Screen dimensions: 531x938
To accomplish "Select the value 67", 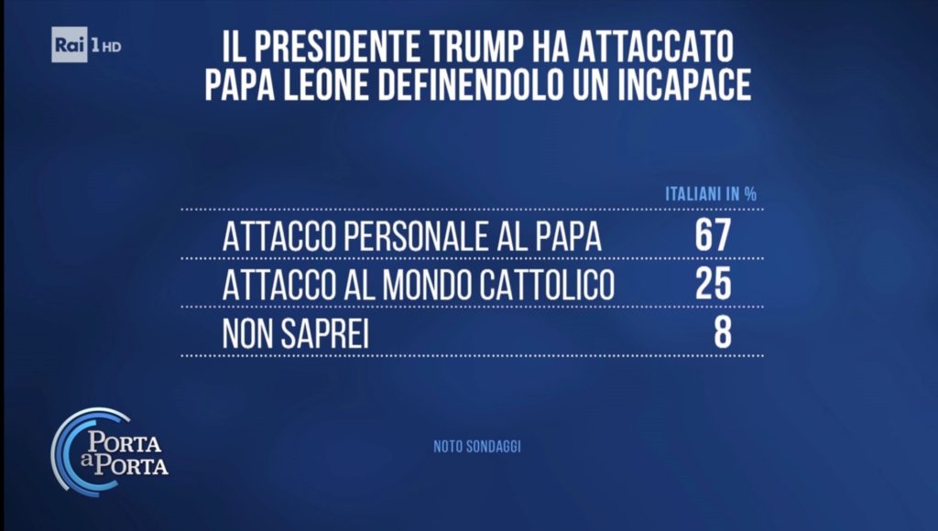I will (713, 236).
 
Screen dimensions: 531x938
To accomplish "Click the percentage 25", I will (713, 285).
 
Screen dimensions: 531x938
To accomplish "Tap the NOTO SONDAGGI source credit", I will (477, 448).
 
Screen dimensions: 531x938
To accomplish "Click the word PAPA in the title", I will (241, 83).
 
